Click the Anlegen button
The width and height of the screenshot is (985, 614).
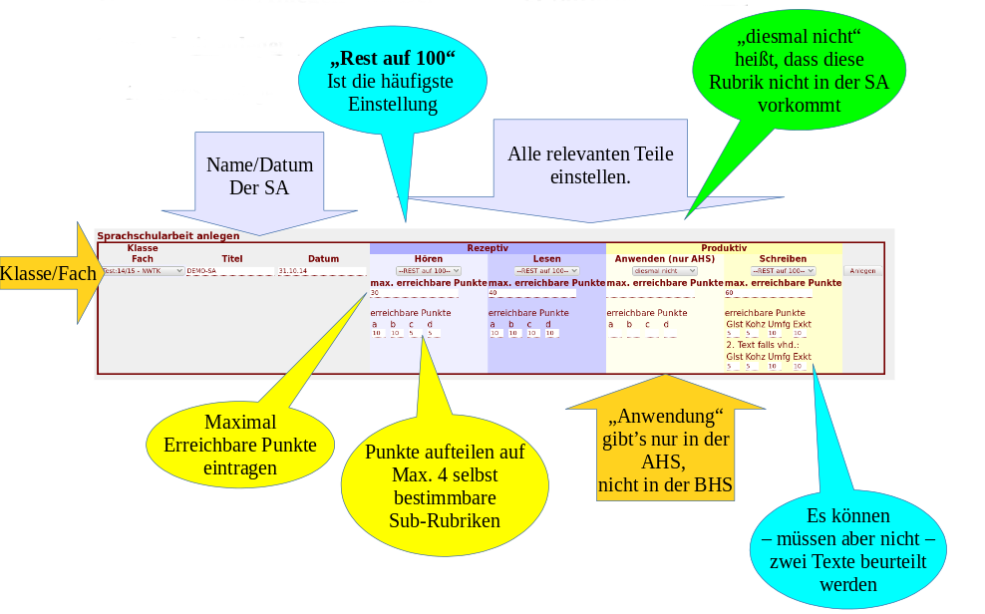(x=862, y=270)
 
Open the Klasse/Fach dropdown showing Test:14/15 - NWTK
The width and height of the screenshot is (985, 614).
(x=143, y=270)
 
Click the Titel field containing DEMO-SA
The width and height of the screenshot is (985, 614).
(x=230, y=270)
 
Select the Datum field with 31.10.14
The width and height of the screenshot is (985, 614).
(x=321, y=270)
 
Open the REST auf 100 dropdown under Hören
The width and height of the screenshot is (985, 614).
(x=429, y=270)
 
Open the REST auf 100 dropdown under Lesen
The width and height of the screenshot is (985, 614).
(x=546, y=270)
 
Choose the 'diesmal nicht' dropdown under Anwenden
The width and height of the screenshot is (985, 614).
(x=663, y=270)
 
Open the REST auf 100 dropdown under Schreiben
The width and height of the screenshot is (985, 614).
(x=783, y=270)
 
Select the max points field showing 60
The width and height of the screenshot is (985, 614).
(x=768, y=293)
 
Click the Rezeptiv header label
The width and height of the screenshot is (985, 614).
(x=488, y=247)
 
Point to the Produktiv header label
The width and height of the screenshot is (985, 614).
(x=724, y=247)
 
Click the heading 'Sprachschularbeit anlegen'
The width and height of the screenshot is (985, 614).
(x=167, y=236)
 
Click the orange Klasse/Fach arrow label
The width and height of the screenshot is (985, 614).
(x=48, y=273)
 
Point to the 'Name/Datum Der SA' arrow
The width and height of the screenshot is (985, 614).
(x=259, y=176)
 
